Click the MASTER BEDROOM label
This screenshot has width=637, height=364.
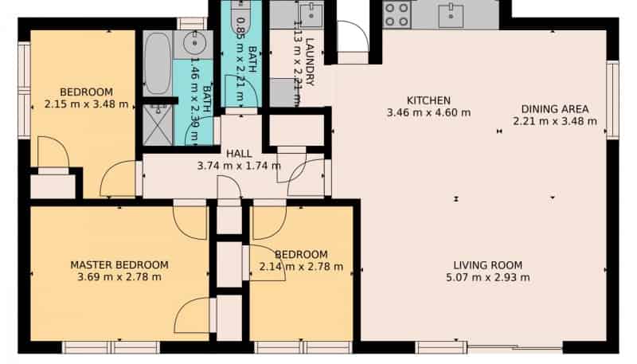pyautogui.click(x=119, y=265)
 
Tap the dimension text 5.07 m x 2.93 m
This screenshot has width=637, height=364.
pyautogui.click(x=488, y=277)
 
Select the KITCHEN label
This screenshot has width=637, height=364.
pyautogui.click(x=428, y=100)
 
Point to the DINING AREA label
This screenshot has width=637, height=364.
pyautogui.click(x=555, y=109)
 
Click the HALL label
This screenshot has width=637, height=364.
pyautogui.click(x=239, y=154)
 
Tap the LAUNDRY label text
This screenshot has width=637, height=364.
pyautogui.click(x=310, y=62)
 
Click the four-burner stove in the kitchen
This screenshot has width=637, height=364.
pyautogui.click(x=397, y=14)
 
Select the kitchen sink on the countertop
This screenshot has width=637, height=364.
pyautogui.click(x=451, y=16)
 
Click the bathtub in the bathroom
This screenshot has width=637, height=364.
pyautogui.click(x=157, y=64)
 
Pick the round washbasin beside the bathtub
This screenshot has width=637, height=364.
pyautogui.click(x=193, y=43)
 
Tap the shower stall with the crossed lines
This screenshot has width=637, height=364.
pyautogui.click(x=158, y=125)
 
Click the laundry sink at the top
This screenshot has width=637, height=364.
pyautogui.click(x=311, y=15)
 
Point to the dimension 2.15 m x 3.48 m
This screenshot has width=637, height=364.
pyautogui.click(x=86, y=104)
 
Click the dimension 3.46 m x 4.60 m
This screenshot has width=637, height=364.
pyautogui.click(x=428, y=112)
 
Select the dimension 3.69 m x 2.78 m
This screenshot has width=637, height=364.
pyautogui.click(x=119, y=277)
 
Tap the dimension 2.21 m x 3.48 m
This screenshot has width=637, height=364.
pyautogui.click(x=555, y=121)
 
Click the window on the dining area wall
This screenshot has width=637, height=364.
pyautogui.click(x=612, y=100)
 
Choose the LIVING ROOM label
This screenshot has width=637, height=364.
pyautogui.click(x=488, y=265)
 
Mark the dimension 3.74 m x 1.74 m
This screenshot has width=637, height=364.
pyautogui.click(x=239, y=166)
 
